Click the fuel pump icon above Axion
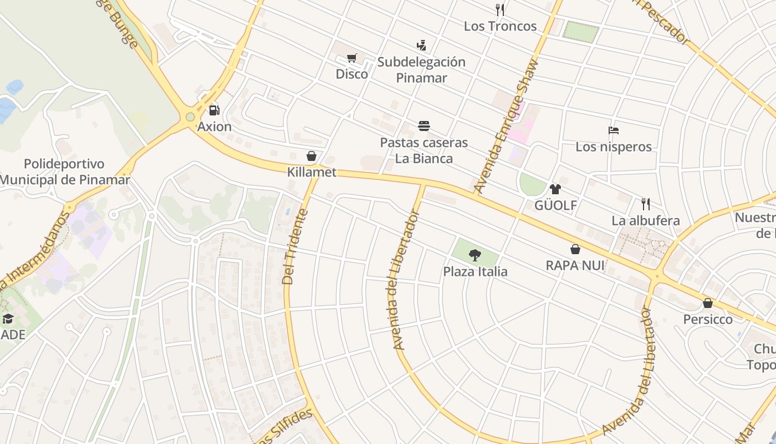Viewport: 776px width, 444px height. point(215,110)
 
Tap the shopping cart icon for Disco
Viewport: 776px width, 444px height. point(351,58)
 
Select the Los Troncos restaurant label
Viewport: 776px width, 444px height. point(500,26)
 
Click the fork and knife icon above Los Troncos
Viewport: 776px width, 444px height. point(500,9)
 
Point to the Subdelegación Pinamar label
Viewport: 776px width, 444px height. point(421,69)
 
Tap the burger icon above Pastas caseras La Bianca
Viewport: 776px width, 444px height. point(424,126)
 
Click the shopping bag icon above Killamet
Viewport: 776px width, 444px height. point(312,156)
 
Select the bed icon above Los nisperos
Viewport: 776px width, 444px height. point(613,131)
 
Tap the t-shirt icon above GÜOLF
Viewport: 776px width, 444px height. point(555,189)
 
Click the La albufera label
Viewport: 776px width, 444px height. point(645,220)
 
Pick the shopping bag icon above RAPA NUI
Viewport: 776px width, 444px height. point(575,249)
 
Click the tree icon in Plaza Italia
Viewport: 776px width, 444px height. point(474,255)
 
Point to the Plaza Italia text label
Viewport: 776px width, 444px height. point(474,271)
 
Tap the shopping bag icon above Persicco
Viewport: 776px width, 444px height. point(707,303)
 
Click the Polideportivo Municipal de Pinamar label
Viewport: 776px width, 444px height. point(64,172)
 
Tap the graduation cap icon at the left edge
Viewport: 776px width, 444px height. point(8,319)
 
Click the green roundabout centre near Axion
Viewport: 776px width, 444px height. point(191,117)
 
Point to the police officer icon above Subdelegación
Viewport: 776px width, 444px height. point(421,45)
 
